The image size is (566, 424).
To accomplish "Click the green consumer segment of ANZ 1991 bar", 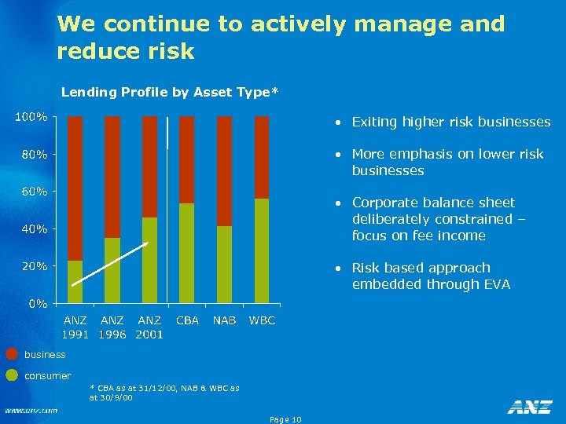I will click(x=75, y=282).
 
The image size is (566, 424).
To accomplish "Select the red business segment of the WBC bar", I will click(x=262, y=157).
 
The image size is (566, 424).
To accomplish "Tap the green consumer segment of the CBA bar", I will click(x=187, y=253).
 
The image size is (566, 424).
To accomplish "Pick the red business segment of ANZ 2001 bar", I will click(x=149, y=166).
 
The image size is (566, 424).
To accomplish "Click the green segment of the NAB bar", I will click(x=224, y=265).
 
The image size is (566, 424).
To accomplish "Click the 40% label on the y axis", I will click(x=33, y=229).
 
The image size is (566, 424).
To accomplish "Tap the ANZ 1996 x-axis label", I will click(x=112, y=327).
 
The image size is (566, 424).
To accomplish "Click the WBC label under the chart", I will click(x=262, y=320).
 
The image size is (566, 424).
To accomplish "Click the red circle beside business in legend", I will click(x=12, y=355).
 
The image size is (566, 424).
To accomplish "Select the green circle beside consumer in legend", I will click(x=12, y=375).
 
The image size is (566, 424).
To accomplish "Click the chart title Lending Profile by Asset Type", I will click(x=169, y=93).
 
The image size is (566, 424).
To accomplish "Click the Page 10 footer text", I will click(x=285, y=419).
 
